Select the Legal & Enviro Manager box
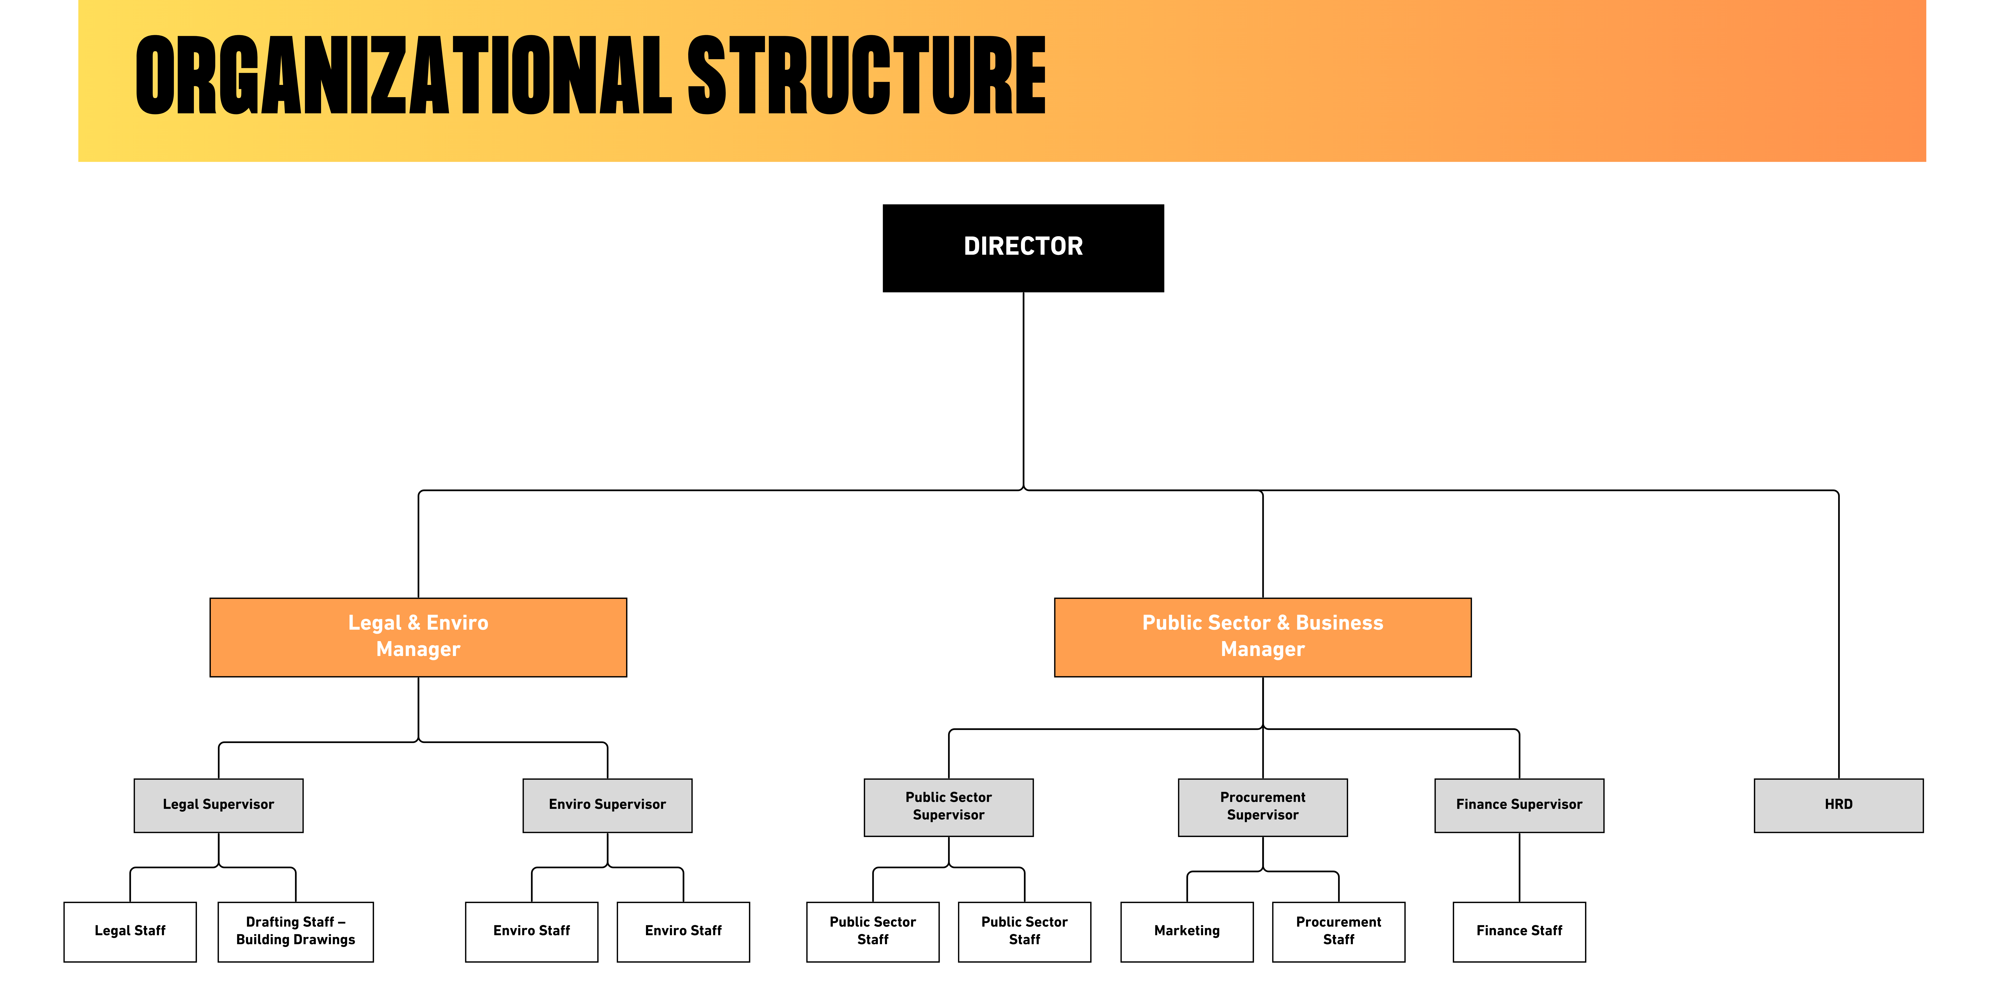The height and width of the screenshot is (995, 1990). pos(418,637)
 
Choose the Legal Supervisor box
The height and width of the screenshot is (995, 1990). pos(219,805)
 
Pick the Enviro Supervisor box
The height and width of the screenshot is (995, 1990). pos(607,805)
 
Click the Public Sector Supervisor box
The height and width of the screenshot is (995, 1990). pos(949,807)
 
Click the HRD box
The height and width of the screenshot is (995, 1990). pos(1839,805)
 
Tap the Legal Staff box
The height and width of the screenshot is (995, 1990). pos(130,932)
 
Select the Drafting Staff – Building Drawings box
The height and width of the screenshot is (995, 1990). pos(296,932)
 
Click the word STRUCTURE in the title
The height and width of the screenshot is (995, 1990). pos(867,76)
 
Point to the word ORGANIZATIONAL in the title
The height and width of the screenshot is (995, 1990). pos(404,76)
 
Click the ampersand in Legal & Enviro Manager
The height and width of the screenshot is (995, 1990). pos(413,623)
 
